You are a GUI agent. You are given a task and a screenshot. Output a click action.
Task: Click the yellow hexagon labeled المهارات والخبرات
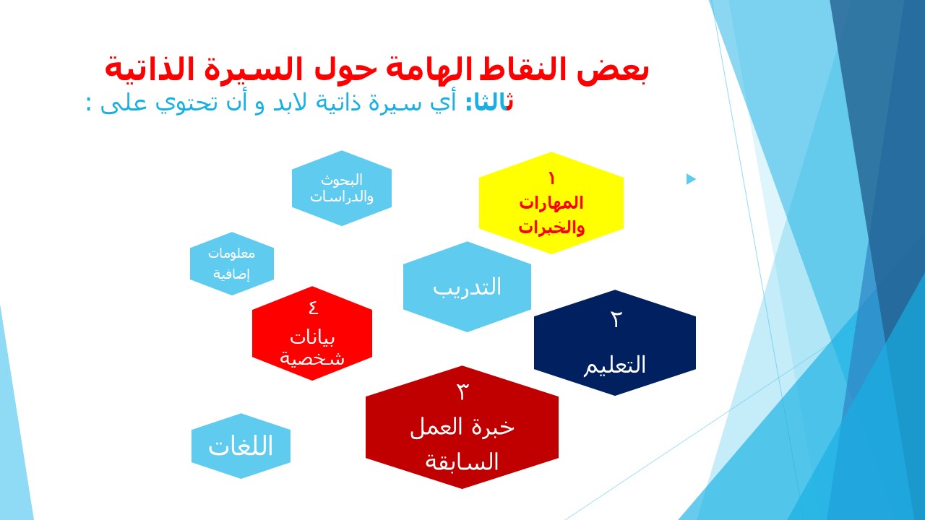pos(551,203)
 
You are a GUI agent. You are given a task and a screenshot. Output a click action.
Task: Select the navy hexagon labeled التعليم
pos(615,342)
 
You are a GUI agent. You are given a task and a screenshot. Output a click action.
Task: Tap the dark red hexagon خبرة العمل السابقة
pos(462,427)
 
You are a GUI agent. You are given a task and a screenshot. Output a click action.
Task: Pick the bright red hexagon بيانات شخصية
pos(312,334)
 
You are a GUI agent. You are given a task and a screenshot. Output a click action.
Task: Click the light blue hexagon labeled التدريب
pos(467,287)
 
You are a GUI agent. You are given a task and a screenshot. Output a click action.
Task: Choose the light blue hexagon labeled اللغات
pos(241,446)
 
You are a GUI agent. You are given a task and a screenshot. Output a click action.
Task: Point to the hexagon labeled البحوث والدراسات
pos(342,188)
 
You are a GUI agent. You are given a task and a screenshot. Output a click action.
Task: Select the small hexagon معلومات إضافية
pos(232,264)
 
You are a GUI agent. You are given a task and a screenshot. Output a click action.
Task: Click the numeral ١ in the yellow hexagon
pos(551,178)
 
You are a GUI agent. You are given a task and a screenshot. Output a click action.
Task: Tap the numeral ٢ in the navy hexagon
pos(616,319)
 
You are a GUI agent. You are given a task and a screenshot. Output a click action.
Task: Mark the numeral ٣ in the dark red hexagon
pos(462,391)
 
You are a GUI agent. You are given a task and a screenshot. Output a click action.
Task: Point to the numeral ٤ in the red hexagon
pos(314,308)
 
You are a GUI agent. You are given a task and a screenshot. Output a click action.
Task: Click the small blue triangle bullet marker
pos(691,179)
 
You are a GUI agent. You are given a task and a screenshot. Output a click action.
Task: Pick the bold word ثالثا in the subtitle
pos(490,103)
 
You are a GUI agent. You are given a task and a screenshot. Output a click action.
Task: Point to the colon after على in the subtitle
pos(88,103)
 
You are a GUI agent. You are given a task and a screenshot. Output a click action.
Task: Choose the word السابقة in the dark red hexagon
pos(462,461)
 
